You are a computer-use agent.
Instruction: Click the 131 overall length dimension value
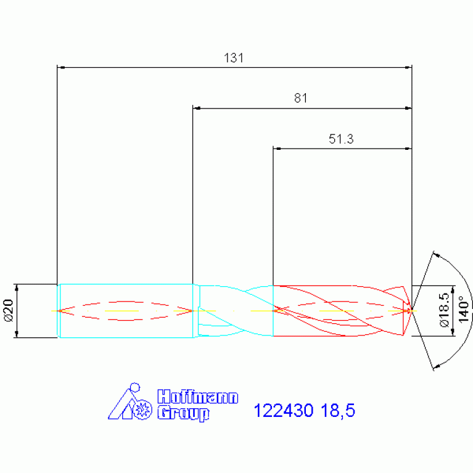[234, 57]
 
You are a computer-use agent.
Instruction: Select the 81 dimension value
[301, 98]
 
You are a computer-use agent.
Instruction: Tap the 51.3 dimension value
[341, 139]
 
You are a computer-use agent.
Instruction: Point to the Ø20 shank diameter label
[8, 311]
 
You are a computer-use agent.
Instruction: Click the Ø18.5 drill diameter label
[445, 310]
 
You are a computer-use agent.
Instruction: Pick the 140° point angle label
[464, 309]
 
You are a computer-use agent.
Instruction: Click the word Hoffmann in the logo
[198, 397]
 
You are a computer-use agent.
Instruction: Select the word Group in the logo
[183, 413]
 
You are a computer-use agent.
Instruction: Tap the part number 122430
[284, 411]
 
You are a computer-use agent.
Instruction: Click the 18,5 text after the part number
[338, 411]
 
